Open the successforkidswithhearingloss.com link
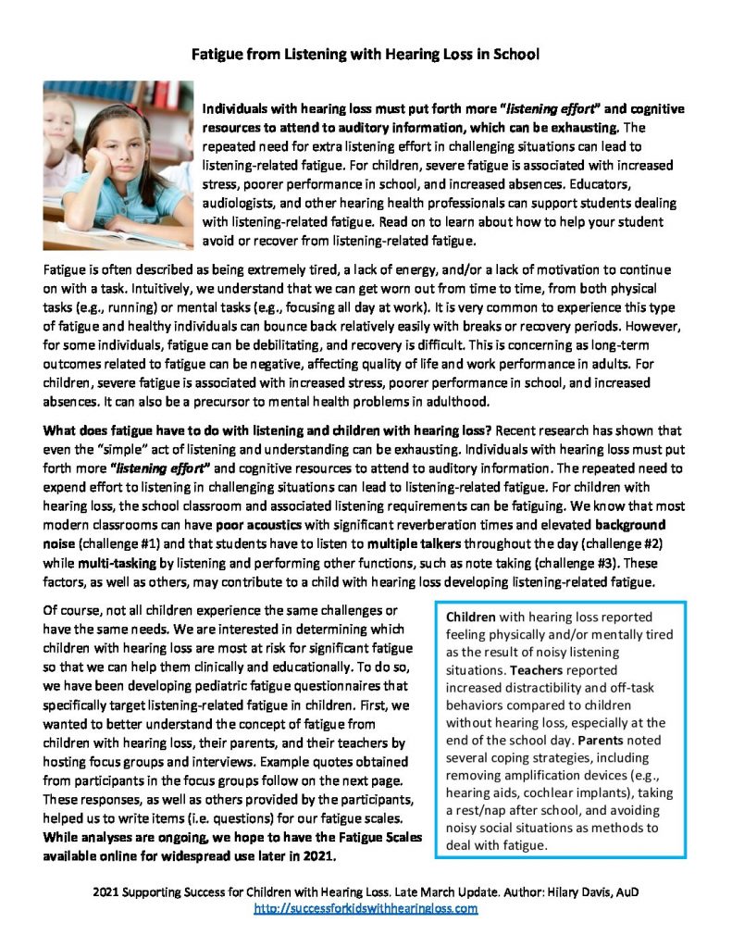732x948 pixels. coord(366,909)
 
